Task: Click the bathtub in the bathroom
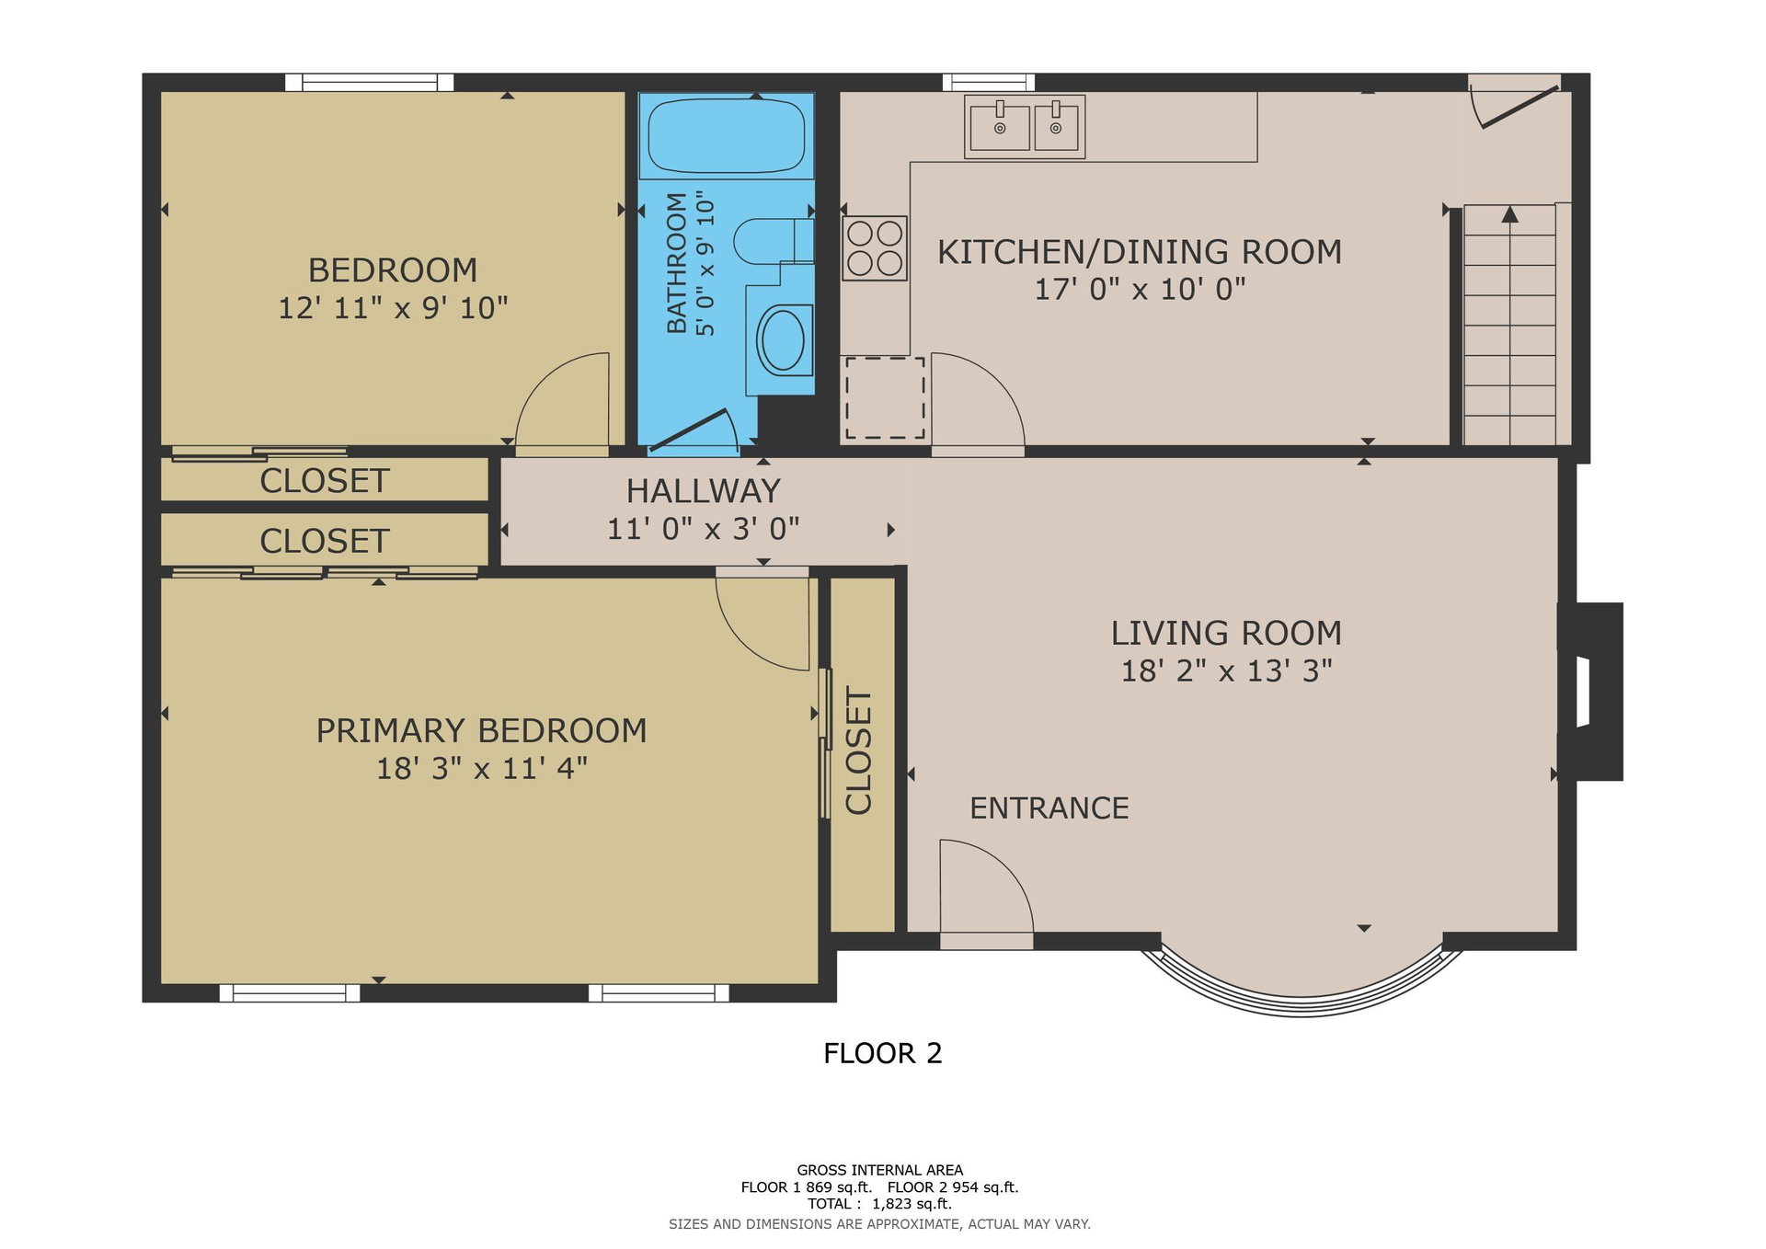pos(727,136)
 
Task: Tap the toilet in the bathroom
pos(774,241)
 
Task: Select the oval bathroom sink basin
pos(784,340)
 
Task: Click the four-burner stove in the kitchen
pos(875,248)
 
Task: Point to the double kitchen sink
pos(1025,127)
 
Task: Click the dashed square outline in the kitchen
pos(885,398)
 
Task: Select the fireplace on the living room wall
pos(1590,692)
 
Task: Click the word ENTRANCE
pos(1049,808)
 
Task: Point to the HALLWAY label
pos(704,491)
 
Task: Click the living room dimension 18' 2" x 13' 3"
pos(1226,671)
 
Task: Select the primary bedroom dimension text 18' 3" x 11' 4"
pos(482,768)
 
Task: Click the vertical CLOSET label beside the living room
pos(858,751)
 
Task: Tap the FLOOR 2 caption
pos(883,1053)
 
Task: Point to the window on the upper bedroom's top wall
pos(369,82)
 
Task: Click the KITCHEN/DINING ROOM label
pos(1140,252)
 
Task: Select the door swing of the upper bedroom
pos(562,405)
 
